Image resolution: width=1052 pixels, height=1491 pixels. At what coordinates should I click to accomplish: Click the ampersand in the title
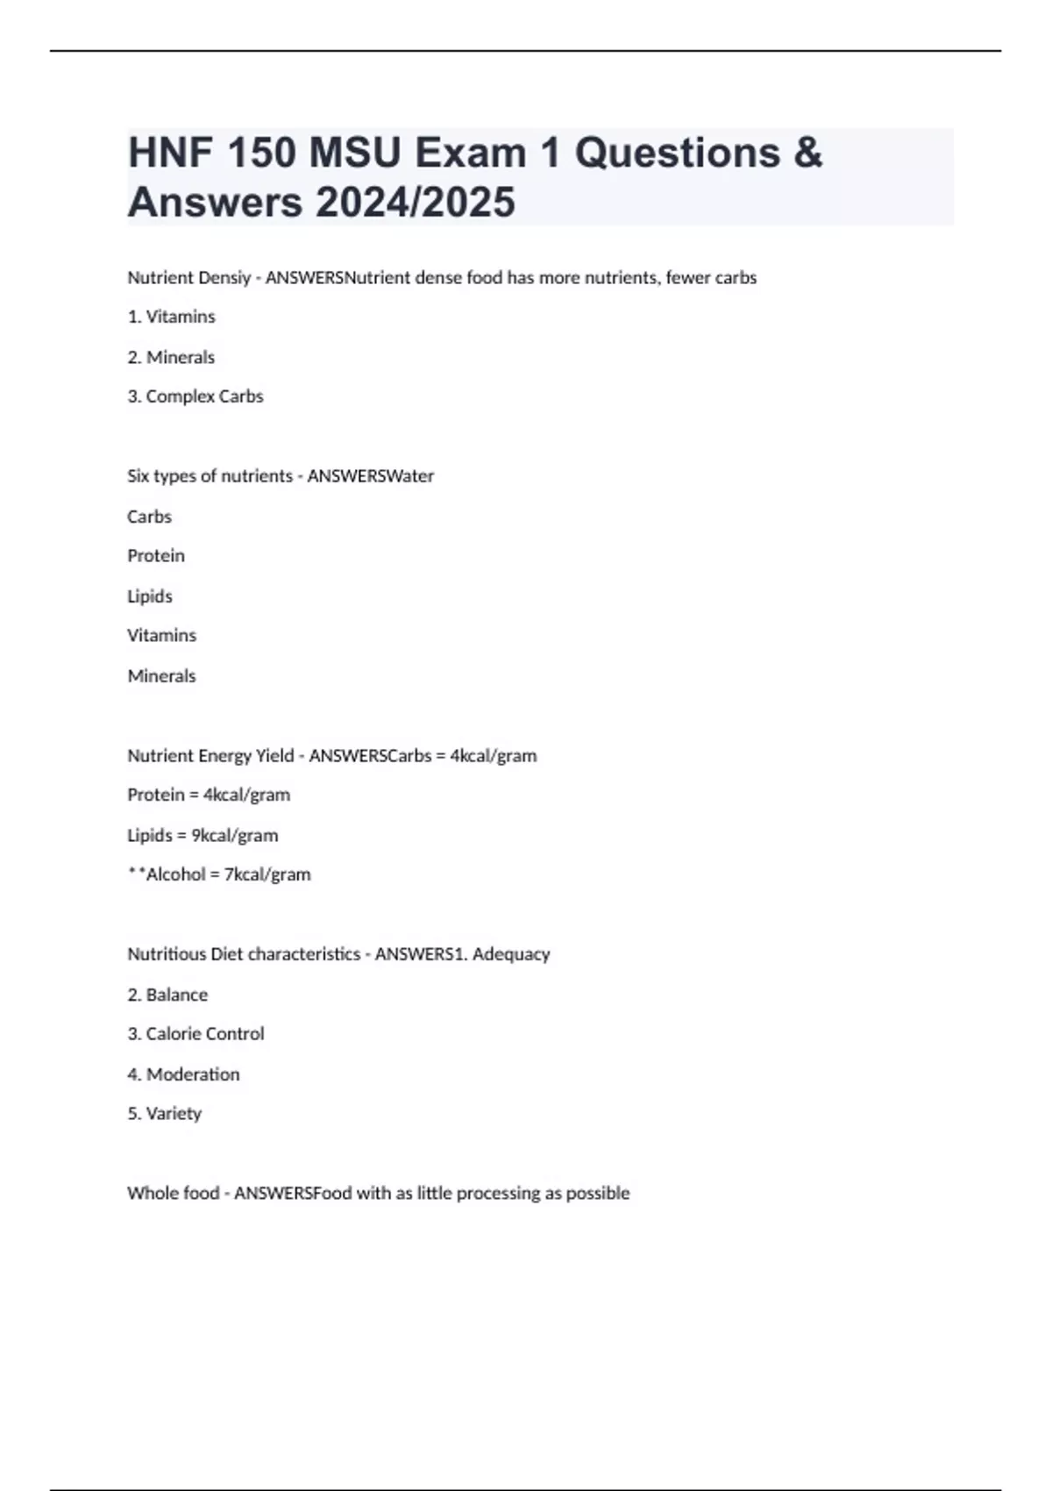pyautogui.click(x=807, y=153)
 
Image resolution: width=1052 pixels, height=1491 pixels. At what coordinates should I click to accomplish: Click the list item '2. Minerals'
pyautogui.click(x=171, y=357)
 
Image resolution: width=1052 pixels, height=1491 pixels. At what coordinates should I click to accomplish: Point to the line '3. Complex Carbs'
pyautogui.click(x=195, y=396)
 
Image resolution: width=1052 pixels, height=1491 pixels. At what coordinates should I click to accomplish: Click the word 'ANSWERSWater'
pyautogui.click(x=370, y=476)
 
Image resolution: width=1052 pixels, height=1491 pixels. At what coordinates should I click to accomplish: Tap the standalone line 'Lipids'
pyautogui.click(x=150, y=596)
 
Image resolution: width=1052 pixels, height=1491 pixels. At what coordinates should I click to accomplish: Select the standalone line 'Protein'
pyautogui.click(x=156, y=556)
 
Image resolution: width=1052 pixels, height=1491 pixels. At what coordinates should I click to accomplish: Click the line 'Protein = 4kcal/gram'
pyautogui.click(x=209, y=795)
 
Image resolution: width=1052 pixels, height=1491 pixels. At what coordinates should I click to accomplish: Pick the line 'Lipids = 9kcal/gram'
pyautogui.click(x=203, y=835)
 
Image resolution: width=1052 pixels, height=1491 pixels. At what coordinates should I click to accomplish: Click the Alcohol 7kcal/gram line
pyautogui.click(x=220, y=874)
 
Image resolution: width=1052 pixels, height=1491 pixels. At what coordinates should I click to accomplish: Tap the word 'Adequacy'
pyautogui.click(x=511, y=954)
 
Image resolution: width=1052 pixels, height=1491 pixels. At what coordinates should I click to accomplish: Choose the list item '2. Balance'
pyautogui.click(x=167, y=995)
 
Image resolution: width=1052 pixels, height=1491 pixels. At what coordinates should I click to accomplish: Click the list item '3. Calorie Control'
pyautogui.click(x=195, y=1034)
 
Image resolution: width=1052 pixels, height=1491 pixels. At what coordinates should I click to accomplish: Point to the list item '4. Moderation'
pyautogui.click(x=183, y=1074)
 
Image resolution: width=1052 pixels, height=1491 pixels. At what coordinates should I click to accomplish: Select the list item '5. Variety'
pyautogui.click(x=165, y=1114)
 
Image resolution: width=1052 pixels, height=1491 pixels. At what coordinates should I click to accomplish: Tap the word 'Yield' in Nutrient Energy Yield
pyautogui.click(x=274, y=756)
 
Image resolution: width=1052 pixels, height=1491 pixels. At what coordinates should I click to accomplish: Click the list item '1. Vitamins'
pyautogui.click(x=171, y=317)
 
